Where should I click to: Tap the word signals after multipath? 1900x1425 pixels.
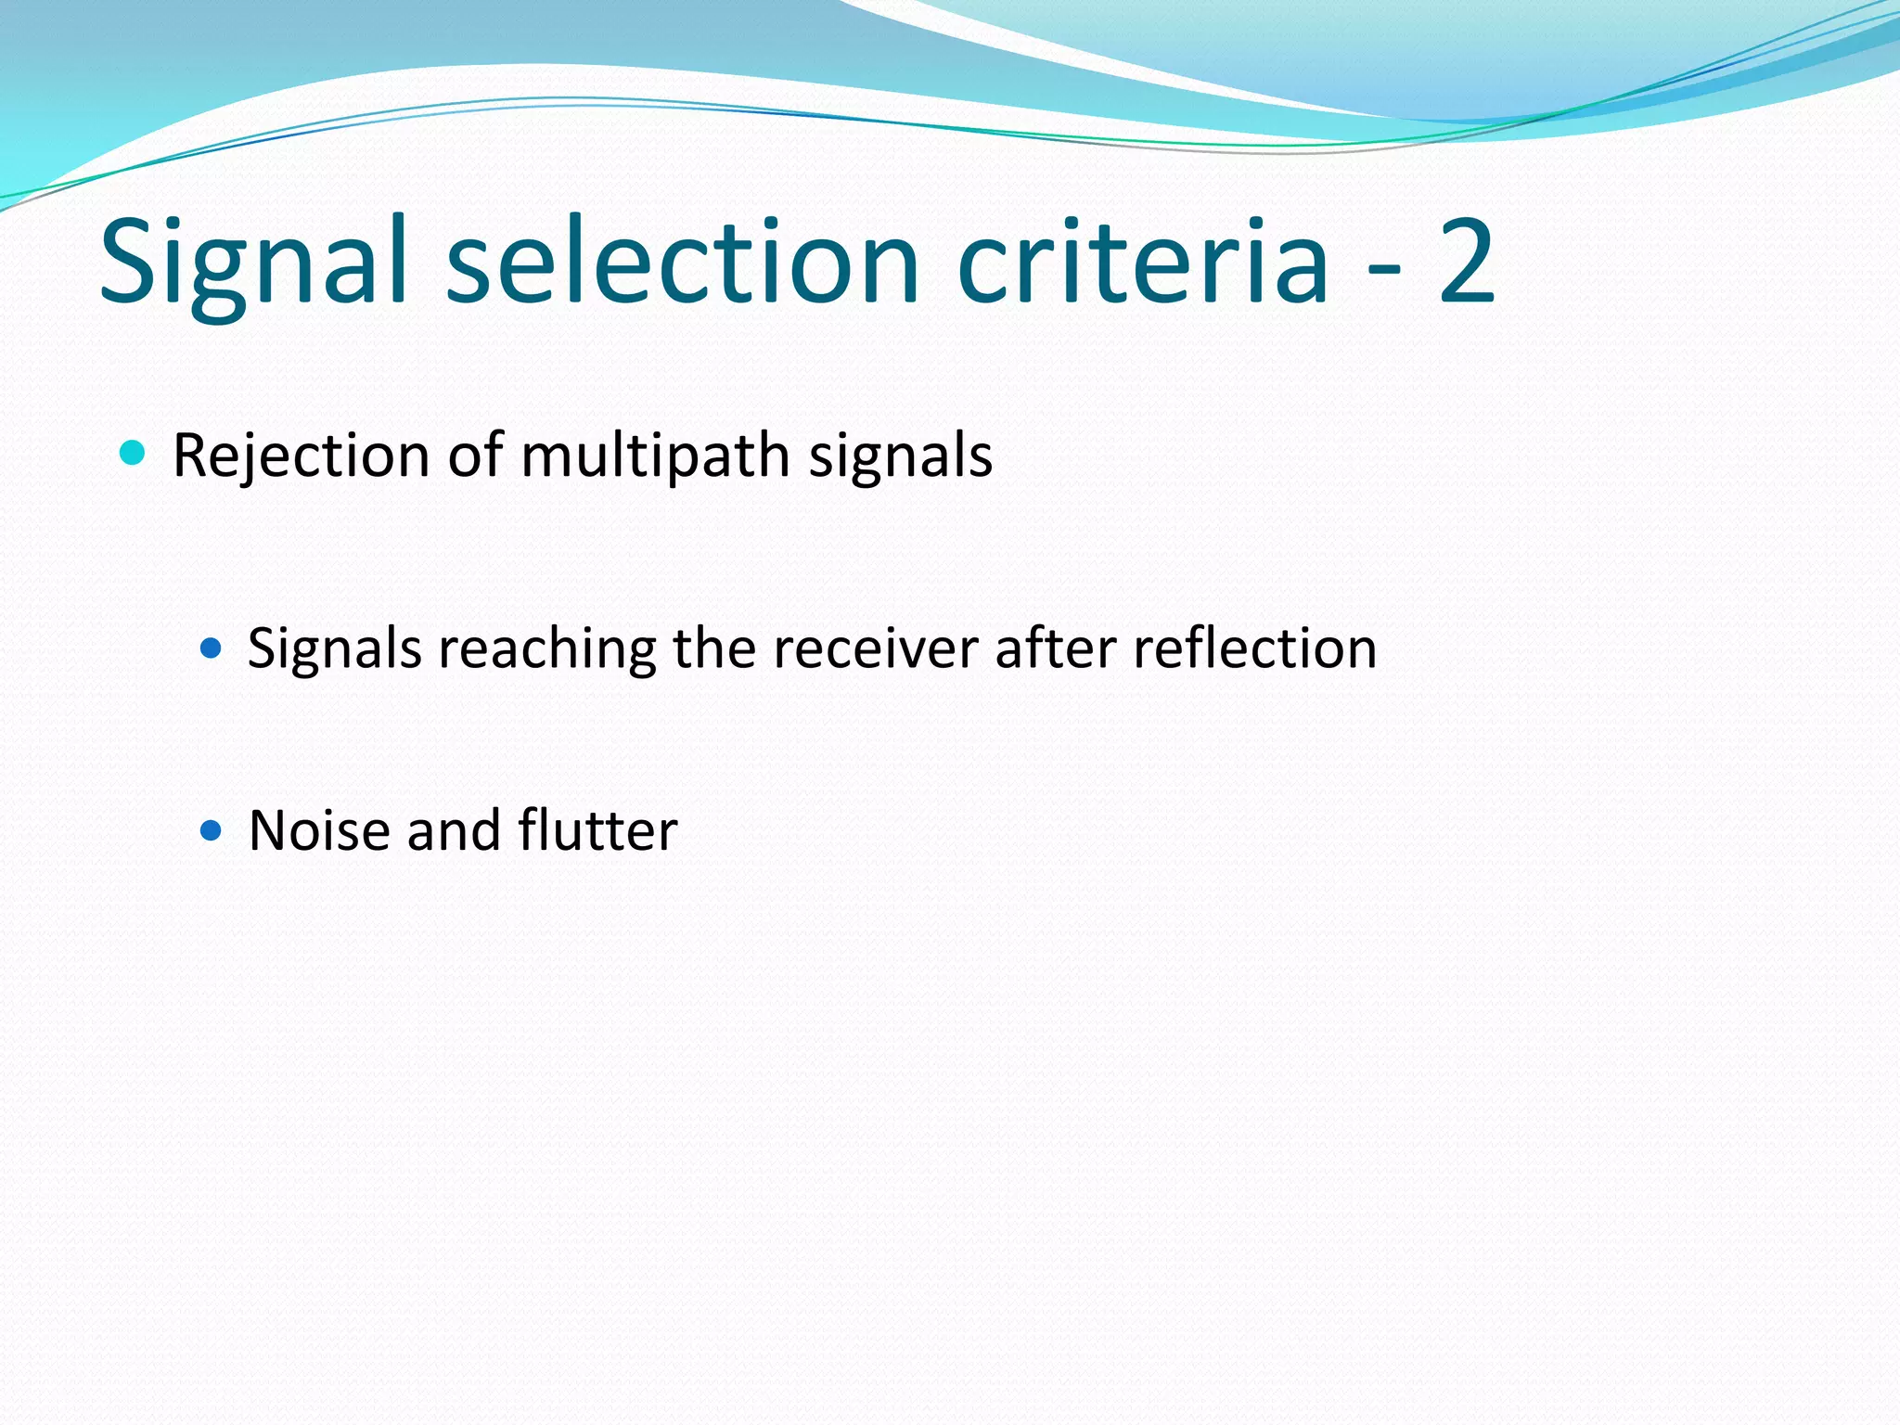[x=900, y=456]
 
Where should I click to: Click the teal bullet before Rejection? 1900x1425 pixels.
[x=134, y=453]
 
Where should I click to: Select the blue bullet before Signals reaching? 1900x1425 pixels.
[x=212, y=647]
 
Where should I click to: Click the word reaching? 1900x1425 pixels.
[x=547, y=648]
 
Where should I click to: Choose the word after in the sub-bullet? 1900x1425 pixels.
[x=1055, y=648]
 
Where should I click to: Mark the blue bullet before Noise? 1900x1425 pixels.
[x=212, y=828]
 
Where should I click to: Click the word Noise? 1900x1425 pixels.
[x=319, y=830]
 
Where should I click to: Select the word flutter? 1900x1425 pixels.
[x=597, y=830]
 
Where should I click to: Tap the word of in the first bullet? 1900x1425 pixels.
[x=475, y=456]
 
